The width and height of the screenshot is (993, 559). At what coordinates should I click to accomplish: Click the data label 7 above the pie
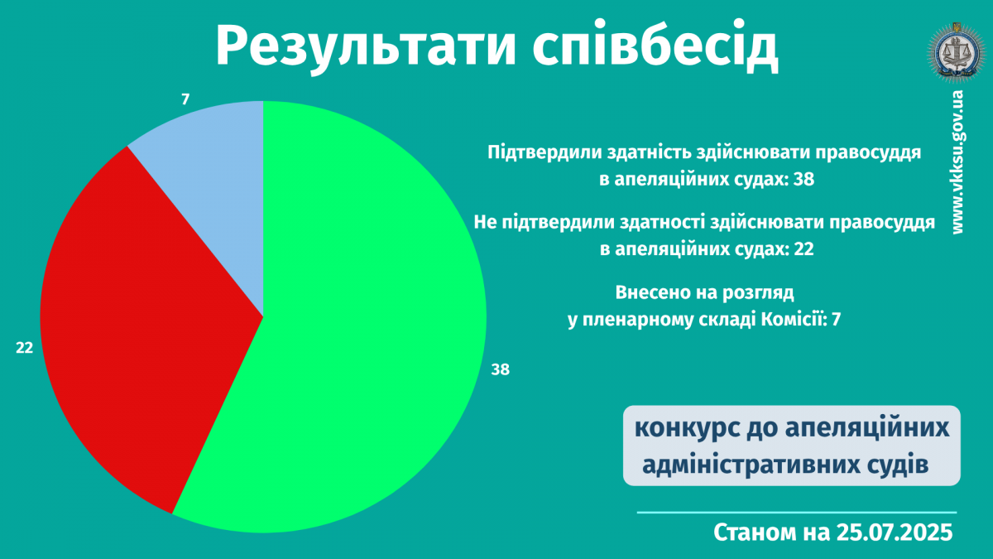coord(185,99)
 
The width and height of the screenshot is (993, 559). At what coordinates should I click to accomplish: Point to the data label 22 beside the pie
coord(24,348)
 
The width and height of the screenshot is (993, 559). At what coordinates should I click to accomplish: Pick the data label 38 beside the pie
coord(500,369)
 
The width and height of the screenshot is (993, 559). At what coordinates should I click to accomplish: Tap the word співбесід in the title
coord(655,46)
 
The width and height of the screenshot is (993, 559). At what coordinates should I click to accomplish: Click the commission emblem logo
coord(957,52)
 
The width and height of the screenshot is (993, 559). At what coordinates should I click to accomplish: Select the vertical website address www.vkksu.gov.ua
coord(957,162)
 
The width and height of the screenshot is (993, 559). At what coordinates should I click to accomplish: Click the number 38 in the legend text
coord(804,179)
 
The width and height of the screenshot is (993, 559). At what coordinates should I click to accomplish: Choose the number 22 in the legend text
coord(804,249)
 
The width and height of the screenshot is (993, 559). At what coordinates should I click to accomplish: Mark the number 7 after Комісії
coord(836,320)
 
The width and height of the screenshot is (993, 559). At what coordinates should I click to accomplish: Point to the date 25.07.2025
coord(895,532)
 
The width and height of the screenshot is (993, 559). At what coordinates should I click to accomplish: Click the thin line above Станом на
coord(797,513)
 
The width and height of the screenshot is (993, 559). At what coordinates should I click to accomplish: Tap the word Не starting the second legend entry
coord(485,222)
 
